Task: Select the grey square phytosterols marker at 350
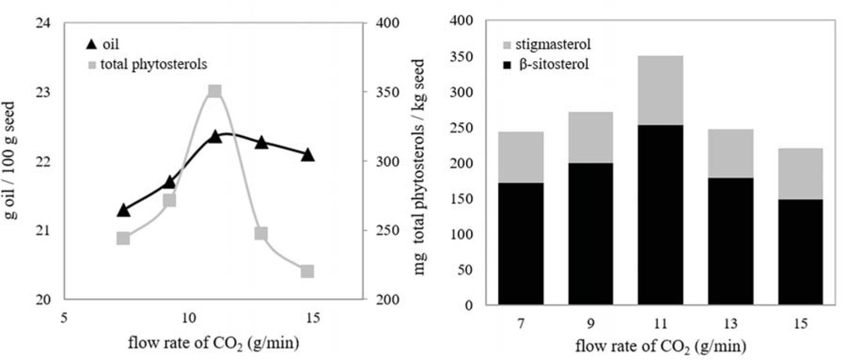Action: coord(215,92)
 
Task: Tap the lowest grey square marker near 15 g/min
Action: coord(307,271)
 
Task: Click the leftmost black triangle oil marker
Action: coord(123,210)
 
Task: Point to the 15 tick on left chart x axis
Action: coord(314,319)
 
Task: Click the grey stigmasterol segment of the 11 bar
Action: coord(661,90)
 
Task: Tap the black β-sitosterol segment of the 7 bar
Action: coord(521,243)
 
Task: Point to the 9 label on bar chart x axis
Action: coord(591,323)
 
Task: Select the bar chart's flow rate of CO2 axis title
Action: coord(661,345)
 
